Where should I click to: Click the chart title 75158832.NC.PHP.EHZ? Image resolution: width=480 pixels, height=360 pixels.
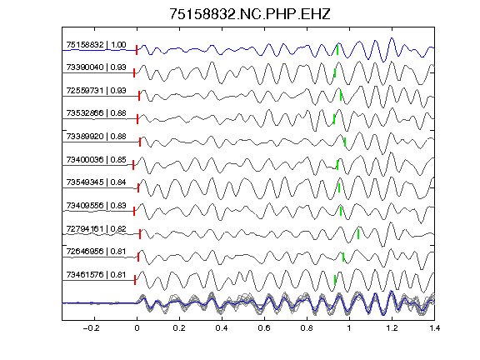tap(250, 14)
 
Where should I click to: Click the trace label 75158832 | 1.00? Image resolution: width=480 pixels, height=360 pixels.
tap(96, 45)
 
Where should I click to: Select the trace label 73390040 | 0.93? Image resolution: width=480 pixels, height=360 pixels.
tap(96, 67)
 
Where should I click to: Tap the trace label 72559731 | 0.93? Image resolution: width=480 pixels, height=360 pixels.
tap(96, 91)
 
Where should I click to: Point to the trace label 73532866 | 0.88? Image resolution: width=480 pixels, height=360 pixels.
tap(96, 113)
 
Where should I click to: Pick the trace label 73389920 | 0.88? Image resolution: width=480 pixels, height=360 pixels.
tap(96, 136)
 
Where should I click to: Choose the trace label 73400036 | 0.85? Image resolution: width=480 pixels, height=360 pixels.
tap(96, 159)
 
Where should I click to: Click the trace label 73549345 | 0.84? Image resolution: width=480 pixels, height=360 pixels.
tap(96, 182)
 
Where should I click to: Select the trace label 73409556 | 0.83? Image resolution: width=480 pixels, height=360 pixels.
tap(96, 205)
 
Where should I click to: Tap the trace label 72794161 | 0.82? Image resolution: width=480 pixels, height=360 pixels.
tap(96, 229)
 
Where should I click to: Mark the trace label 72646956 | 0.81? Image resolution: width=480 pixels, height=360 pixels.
tap(96, 252)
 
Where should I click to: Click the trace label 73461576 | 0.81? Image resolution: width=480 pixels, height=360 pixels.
tap(96, 275)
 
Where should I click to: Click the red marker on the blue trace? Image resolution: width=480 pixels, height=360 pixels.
tap(137, 50)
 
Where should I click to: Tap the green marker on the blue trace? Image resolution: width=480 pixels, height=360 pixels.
tap(337, 50)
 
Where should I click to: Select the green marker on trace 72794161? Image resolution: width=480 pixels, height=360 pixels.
tap(358, 234)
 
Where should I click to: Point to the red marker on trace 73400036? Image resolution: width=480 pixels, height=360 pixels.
tap(133, 165)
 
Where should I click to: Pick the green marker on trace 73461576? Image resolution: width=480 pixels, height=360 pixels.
tap(335, 280)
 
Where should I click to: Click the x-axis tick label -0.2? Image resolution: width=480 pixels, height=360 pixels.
tap(91, 328)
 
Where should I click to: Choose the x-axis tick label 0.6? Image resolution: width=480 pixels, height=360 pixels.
tap(264, 328)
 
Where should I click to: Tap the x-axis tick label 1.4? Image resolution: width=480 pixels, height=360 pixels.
tap(434, 328)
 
